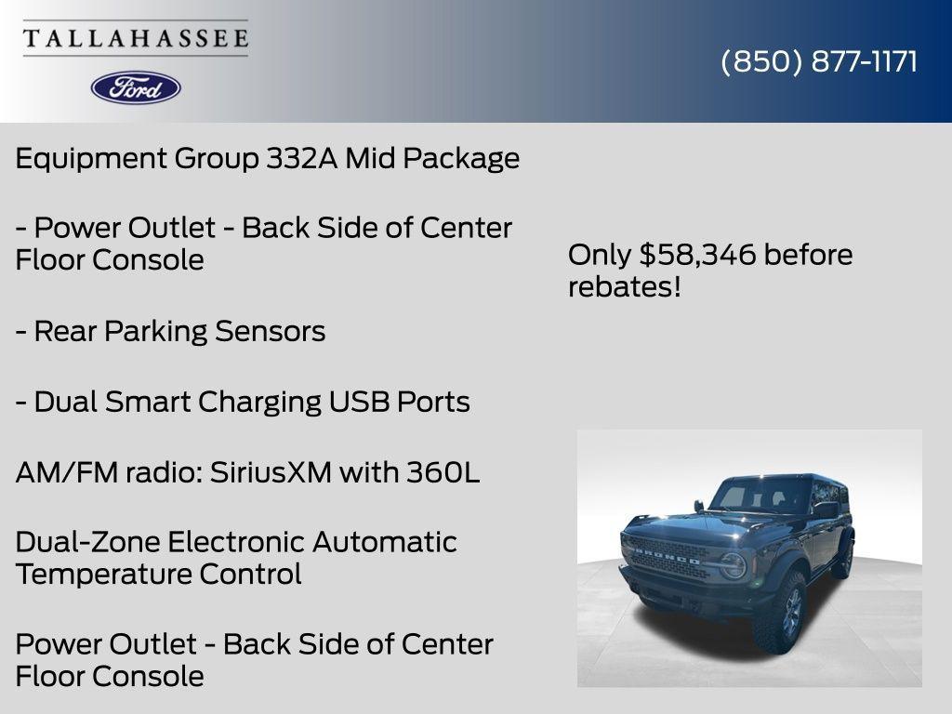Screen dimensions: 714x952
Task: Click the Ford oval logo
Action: tap(136, 87)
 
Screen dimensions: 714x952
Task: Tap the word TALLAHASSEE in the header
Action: tap(136, 39)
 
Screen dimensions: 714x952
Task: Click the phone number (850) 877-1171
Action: tap(819, 61)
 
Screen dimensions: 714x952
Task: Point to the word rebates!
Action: tap(625, 286)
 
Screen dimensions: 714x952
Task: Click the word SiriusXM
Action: tap(270, 472)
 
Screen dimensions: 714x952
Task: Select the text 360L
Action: tap(443, 472)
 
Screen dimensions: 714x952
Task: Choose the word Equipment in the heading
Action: tap(91, 159)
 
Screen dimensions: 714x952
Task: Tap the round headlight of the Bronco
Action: tap(734, 565)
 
